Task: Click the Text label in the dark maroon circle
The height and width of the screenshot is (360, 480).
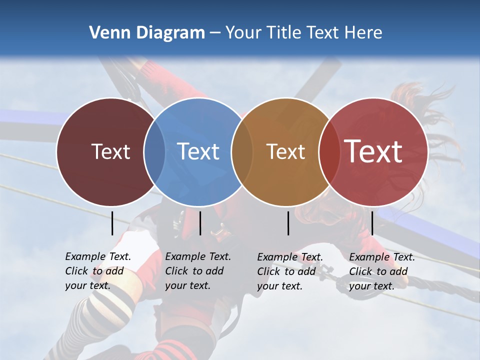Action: (x=110, y=151)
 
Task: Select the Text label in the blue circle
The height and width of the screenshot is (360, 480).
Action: (x=198, y=151)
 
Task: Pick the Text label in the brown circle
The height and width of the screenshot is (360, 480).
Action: (x=285, y=151)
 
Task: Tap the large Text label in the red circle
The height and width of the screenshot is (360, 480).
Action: (x=373, y=151)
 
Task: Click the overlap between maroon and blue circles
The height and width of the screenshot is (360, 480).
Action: (x=154, y=151)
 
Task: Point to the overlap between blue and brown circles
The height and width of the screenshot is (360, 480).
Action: (x=241, y=151)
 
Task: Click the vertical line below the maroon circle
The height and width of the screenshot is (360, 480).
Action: (x=112, y=223)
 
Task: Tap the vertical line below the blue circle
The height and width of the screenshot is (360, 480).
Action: (x=200, y=223)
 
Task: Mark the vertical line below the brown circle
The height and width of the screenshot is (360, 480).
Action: (x=288, y=223)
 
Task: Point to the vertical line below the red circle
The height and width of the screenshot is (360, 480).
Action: (x=372, y=223)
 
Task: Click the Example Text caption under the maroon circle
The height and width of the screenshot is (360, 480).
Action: (x=97, y=271)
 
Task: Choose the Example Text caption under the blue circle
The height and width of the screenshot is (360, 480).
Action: (x=197, y=271)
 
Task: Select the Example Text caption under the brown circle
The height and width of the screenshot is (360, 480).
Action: (x=289, y=271)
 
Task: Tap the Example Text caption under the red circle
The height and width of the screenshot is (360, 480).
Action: (x=381, y=271)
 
